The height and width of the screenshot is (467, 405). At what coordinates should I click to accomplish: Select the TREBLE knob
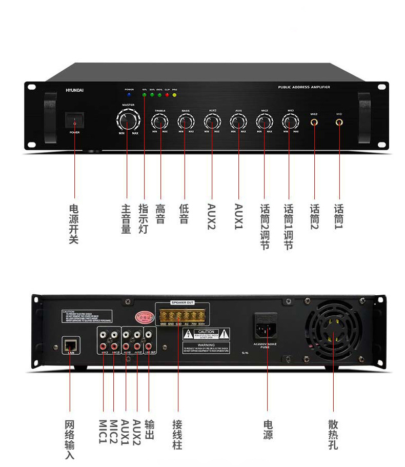[160, 121]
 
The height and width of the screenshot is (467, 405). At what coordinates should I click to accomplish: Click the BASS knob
[186, 121]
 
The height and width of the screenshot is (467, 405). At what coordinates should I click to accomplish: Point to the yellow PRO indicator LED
[175, 95]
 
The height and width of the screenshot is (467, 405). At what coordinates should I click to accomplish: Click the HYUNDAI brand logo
[75, 89]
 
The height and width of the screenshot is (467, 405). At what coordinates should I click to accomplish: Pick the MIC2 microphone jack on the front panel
[314, 122]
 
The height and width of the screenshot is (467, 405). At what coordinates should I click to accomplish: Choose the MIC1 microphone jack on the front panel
[339, 122]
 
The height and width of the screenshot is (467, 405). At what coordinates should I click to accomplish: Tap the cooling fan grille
[333, 336]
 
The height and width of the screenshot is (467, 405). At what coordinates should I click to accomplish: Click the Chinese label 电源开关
[74, 224]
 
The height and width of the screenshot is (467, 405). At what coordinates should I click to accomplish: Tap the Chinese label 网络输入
[70, 439]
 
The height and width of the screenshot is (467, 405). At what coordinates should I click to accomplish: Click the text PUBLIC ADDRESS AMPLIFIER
[304, 87]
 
